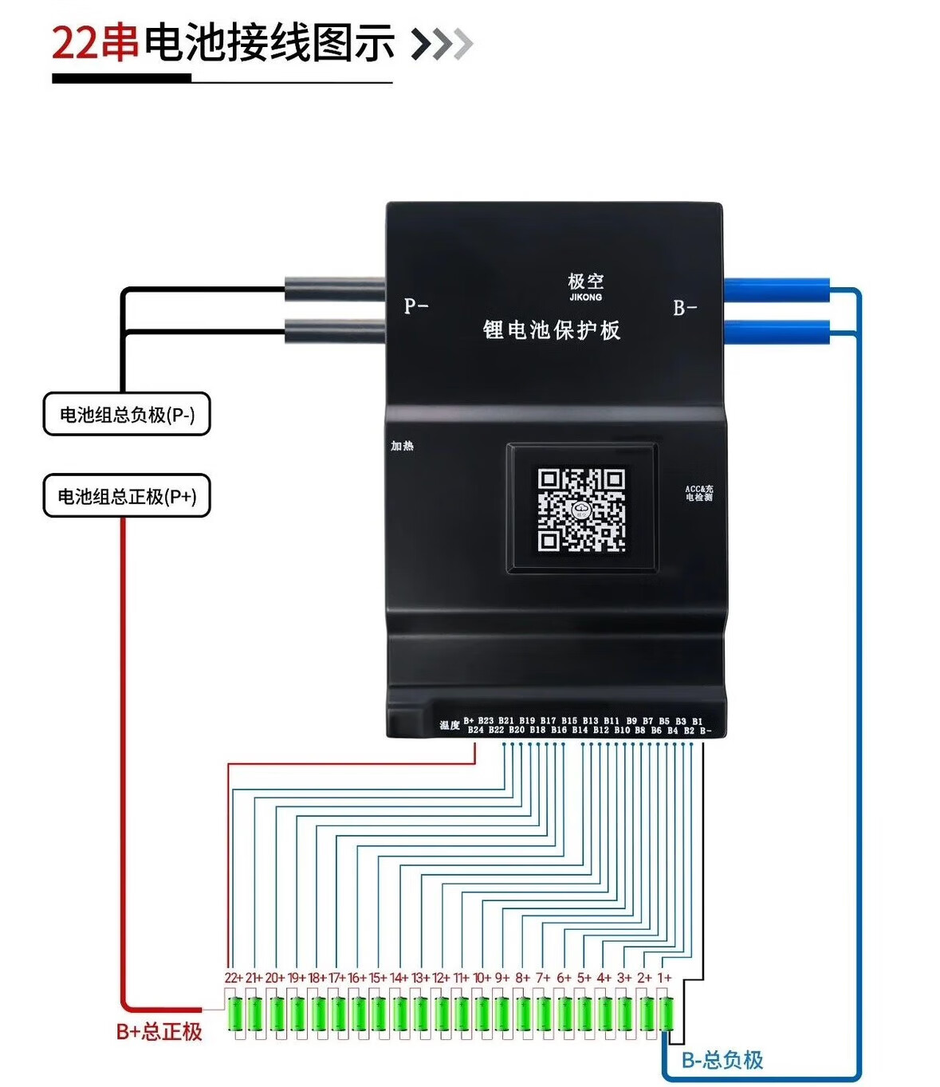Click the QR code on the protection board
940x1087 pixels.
point(581,509)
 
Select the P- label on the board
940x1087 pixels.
point(416,306)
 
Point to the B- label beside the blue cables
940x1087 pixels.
point(685,308)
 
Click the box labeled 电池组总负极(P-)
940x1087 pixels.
point(127,414)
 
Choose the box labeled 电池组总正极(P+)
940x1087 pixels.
point(127,496)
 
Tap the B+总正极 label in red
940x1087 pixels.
point(159,1031)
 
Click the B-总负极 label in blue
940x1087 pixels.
point(722,1060)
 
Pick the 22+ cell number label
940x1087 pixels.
point(233,978)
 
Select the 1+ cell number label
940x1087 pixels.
point(664,978)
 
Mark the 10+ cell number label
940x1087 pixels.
point(482,978)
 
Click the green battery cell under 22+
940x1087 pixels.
point(236,1014)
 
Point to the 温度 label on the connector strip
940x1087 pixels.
point(450,725)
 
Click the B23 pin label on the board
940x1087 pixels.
point(486,720)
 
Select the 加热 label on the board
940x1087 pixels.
point(402,446)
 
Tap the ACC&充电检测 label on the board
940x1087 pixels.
point(699,493)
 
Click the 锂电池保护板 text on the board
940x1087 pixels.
point(552,330)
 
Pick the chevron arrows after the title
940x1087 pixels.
point(442,44)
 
